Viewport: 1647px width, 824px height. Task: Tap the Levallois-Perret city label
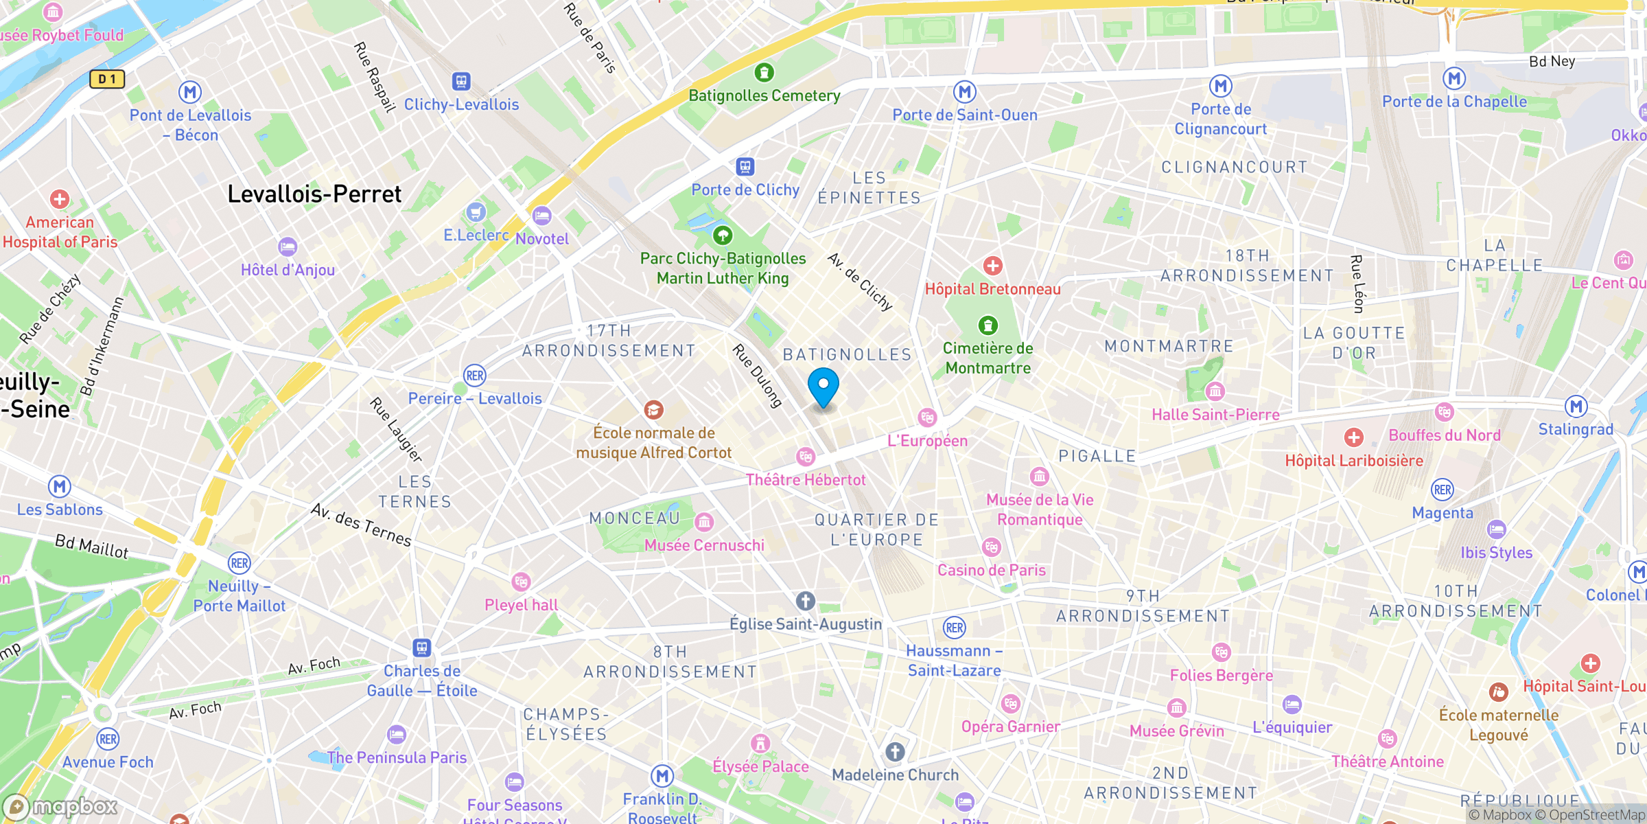(x=314, y=194)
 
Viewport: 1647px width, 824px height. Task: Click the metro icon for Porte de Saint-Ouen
(x=965, y=91)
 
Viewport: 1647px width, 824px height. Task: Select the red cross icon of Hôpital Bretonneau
(x=992, y=266)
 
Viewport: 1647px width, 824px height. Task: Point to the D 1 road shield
(x=107, y=79)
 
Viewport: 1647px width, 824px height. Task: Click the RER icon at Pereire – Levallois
(x=475, y=376)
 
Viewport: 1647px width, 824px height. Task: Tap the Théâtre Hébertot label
(x=806, y=480)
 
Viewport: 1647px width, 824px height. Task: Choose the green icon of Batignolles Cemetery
(x=764, y=72)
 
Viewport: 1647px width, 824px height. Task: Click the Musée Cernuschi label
(x=704, y=545)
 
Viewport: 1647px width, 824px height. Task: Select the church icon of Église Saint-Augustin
(x=806, y=601)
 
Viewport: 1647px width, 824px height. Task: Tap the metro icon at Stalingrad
(x=1576, y=407)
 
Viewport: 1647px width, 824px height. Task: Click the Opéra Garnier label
(x=1010, y=726)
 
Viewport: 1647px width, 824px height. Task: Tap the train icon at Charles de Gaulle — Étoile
(x=421, y=648)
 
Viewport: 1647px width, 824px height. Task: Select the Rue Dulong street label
(x=758, y=376)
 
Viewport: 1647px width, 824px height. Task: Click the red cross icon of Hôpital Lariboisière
(x=1353, y=437)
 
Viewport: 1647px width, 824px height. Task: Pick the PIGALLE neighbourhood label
(x=1097, y=457)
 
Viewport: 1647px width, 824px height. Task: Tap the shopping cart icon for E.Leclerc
(x=476, y=212)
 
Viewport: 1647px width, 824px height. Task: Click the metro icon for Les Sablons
(x=60, y=487)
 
